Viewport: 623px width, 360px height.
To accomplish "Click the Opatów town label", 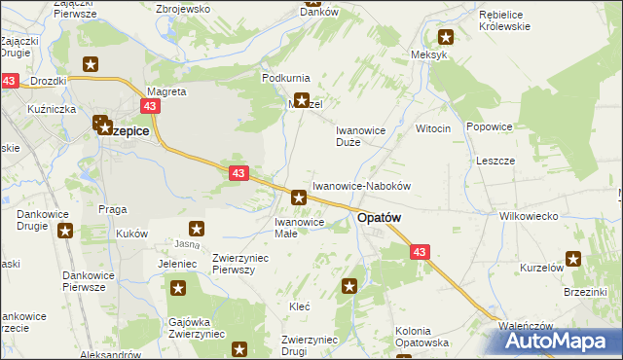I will [x=379, y=219].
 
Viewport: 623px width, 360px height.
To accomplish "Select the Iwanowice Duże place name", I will [x=361, y=135].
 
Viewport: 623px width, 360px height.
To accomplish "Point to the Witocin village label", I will [x=433, y=128].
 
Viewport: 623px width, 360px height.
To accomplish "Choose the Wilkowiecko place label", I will [x=527, y=216].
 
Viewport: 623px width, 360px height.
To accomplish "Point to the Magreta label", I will [x=165, y=91].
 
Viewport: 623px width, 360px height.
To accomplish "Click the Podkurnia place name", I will [x=285, y=77].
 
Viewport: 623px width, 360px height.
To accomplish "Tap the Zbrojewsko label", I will [x=183, y=8].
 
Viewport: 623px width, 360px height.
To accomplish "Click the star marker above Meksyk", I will [x=446, y=38].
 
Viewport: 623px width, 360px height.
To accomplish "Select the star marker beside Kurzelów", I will [x=573, y=259].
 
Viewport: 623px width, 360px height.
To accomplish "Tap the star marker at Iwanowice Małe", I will [x=299, y=198].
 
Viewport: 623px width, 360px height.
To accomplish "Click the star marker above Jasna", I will [x=196, y=230].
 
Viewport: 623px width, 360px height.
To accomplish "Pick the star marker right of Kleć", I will [x=349, y=286].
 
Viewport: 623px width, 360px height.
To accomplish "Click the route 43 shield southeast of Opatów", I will [x=420, y=252].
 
